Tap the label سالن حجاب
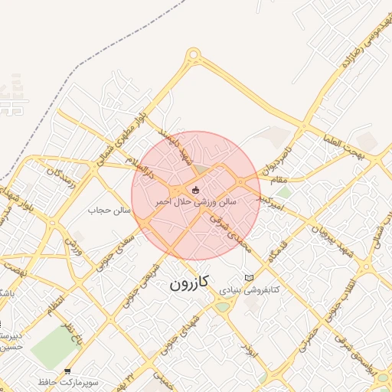[x=111, y=209]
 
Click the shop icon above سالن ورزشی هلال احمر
[x=196, y=189]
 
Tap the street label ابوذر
[x=247, y=353]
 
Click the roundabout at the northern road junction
[x=193, y=54]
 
